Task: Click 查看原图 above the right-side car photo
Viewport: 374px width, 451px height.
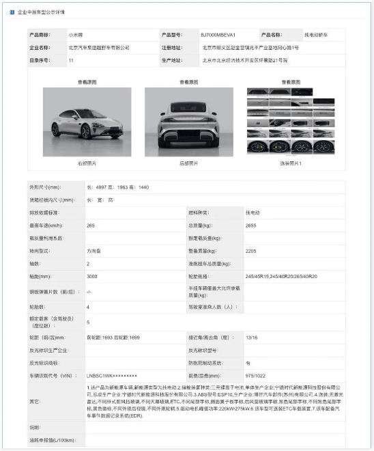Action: (x=87, y=82)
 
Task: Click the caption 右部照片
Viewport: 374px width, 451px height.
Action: (x=87, y=163)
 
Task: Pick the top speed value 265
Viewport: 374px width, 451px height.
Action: (x=91, y=225)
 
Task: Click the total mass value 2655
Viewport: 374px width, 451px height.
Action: (x=252, y=225)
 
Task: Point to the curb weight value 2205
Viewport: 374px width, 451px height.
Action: (x=252, y=251)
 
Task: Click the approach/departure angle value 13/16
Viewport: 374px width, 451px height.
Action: (x=253, y=337)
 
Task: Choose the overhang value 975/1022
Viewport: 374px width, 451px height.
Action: (x=256, y=375)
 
